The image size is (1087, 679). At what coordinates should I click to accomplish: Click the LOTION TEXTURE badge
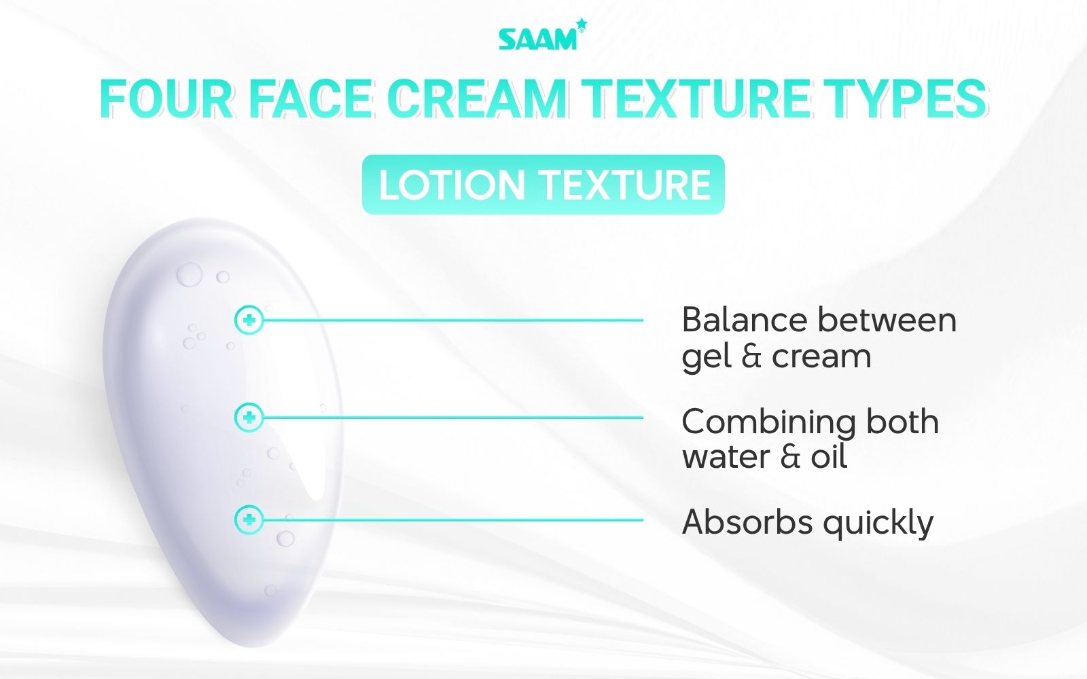click(543, 185)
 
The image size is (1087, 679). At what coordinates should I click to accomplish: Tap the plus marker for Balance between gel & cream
click(249, 320)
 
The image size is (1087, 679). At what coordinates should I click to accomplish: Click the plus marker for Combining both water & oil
click(249, 418)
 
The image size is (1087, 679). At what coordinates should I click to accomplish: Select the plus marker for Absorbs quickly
click(249, 520)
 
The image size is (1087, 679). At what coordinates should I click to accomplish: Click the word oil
click(829, 456)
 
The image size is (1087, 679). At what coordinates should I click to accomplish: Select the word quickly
click(878, 523)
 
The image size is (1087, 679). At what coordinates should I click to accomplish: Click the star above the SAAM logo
click(581, 25)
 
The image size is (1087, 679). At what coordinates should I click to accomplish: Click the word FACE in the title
click(310, 100)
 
